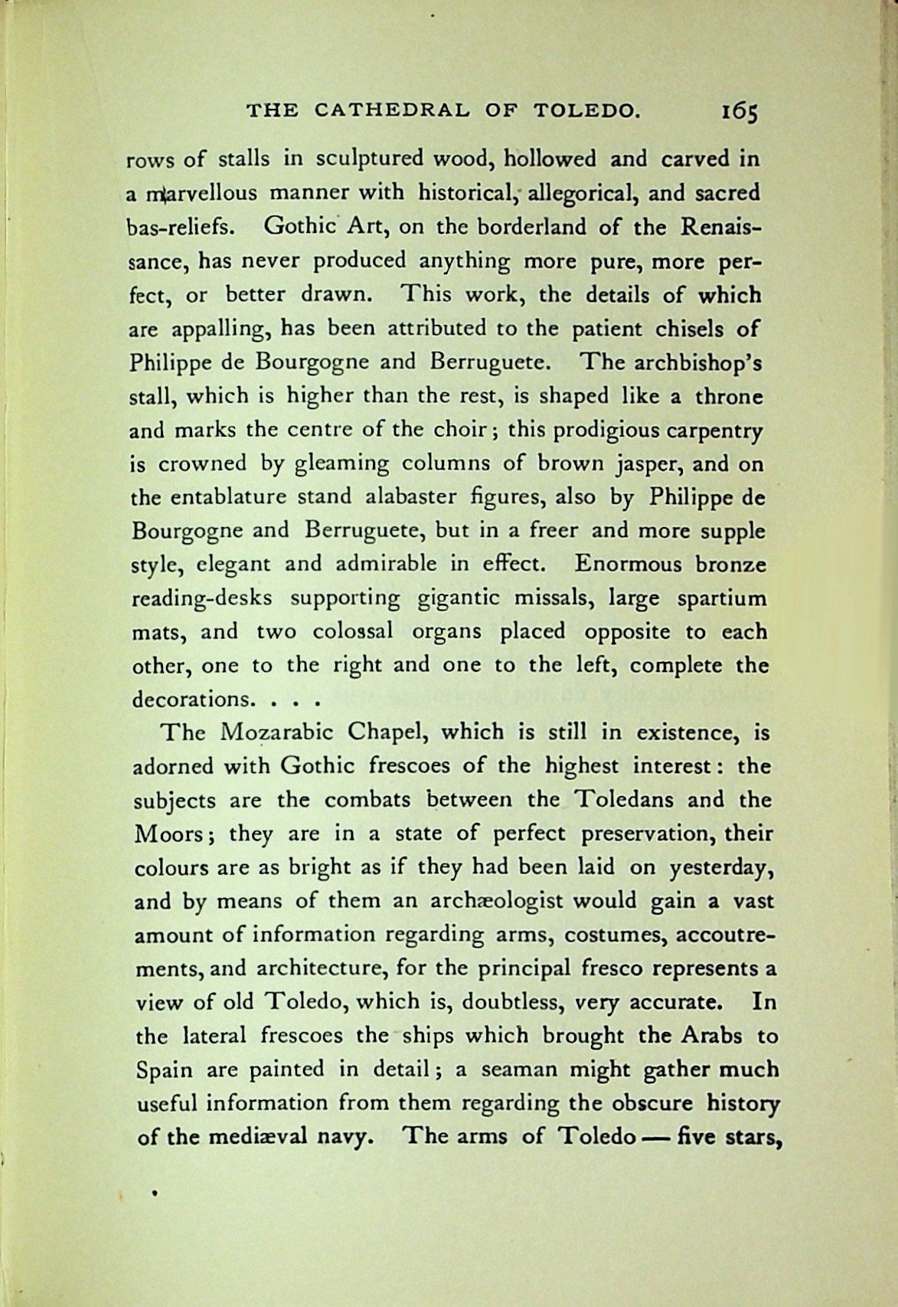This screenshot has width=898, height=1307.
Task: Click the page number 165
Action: [738, 112]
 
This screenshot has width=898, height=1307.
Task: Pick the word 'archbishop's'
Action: [695, 362]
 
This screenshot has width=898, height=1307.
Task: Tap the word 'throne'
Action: [728, 397]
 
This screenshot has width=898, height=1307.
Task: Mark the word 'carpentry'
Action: [712, 431]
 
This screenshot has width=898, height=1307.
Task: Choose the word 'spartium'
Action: [721, 598]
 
